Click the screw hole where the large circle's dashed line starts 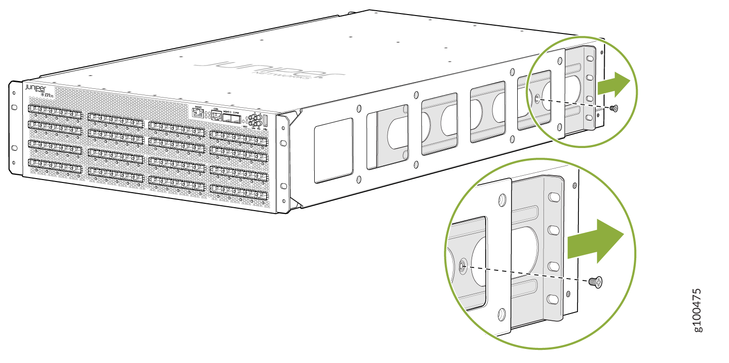click(x=462, y=265)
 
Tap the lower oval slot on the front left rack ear click(x=15, y=147)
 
